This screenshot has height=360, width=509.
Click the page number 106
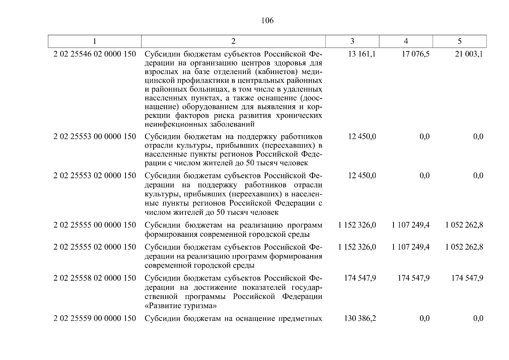(267, 20)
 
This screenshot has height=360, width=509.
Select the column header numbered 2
(233, 41)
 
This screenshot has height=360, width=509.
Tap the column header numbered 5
(460, 41)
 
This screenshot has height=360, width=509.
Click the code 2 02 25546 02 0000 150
(95, 54)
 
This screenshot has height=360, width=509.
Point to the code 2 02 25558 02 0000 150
(95, 278)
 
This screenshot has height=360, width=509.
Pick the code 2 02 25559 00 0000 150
(95, 318)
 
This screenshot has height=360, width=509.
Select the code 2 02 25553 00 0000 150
(95, 136)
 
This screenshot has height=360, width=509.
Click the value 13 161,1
(362, 54)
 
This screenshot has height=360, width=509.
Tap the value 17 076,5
(415, 54)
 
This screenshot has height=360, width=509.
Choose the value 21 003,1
(469, 54)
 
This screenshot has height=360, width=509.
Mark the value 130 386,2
(360, 318)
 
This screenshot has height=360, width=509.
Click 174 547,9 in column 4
(414, 278)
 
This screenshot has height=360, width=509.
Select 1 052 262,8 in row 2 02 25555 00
(464, 225)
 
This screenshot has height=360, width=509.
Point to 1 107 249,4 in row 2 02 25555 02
(411, 247)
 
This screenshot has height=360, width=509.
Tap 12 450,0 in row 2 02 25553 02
(362, 175)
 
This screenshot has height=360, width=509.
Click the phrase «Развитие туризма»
(181, 306)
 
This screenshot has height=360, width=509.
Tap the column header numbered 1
(95, 41)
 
